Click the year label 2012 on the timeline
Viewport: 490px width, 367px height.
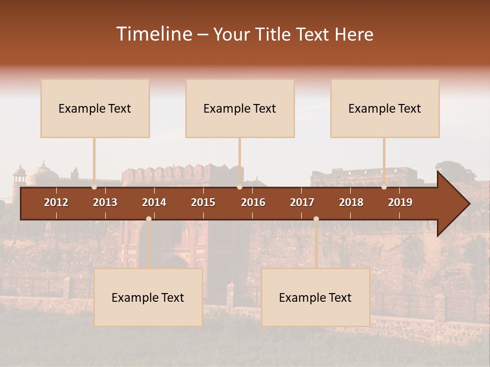click(x=56, y=202)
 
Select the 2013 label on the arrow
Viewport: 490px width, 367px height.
click(x=105, y=202)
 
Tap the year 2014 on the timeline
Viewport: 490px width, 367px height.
click(x=154, y=202)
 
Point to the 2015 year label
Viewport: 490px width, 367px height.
click(x=203, y=202)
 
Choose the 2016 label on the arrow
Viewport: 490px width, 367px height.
click(x=253, y=202)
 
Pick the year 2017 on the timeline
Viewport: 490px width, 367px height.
click(x=302, y=202)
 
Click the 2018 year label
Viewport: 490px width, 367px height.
click(x=351, y=202)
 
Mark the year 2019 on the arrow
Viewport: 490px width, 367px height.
click(x=400, y=202)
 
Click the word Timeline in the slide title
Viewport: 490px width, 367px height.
click(x=153, y=34)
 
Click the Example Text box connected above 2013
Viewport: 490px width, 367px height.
click(x=95, y=108)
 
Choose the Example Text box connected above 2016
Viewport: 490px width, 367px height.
click(x=240, y=108)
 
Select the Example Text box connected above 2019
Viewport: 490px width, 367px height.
click(x=385, y=108)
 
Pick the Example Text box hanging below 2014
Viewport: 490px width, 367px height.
click(x=148, y=297)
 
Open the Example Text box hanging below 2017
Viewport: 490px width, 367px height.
click(x=315, y=297)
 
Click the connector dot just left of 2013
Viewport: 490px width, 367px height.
click(x=94, y=187)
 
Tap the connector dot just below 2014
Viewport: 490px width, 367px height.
click(x=149, y=219)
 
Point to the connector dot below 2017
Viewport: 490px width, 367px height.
click(x=316, y=219)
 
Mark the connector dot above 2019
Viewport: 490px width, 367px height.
click(x=384, y=187)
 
